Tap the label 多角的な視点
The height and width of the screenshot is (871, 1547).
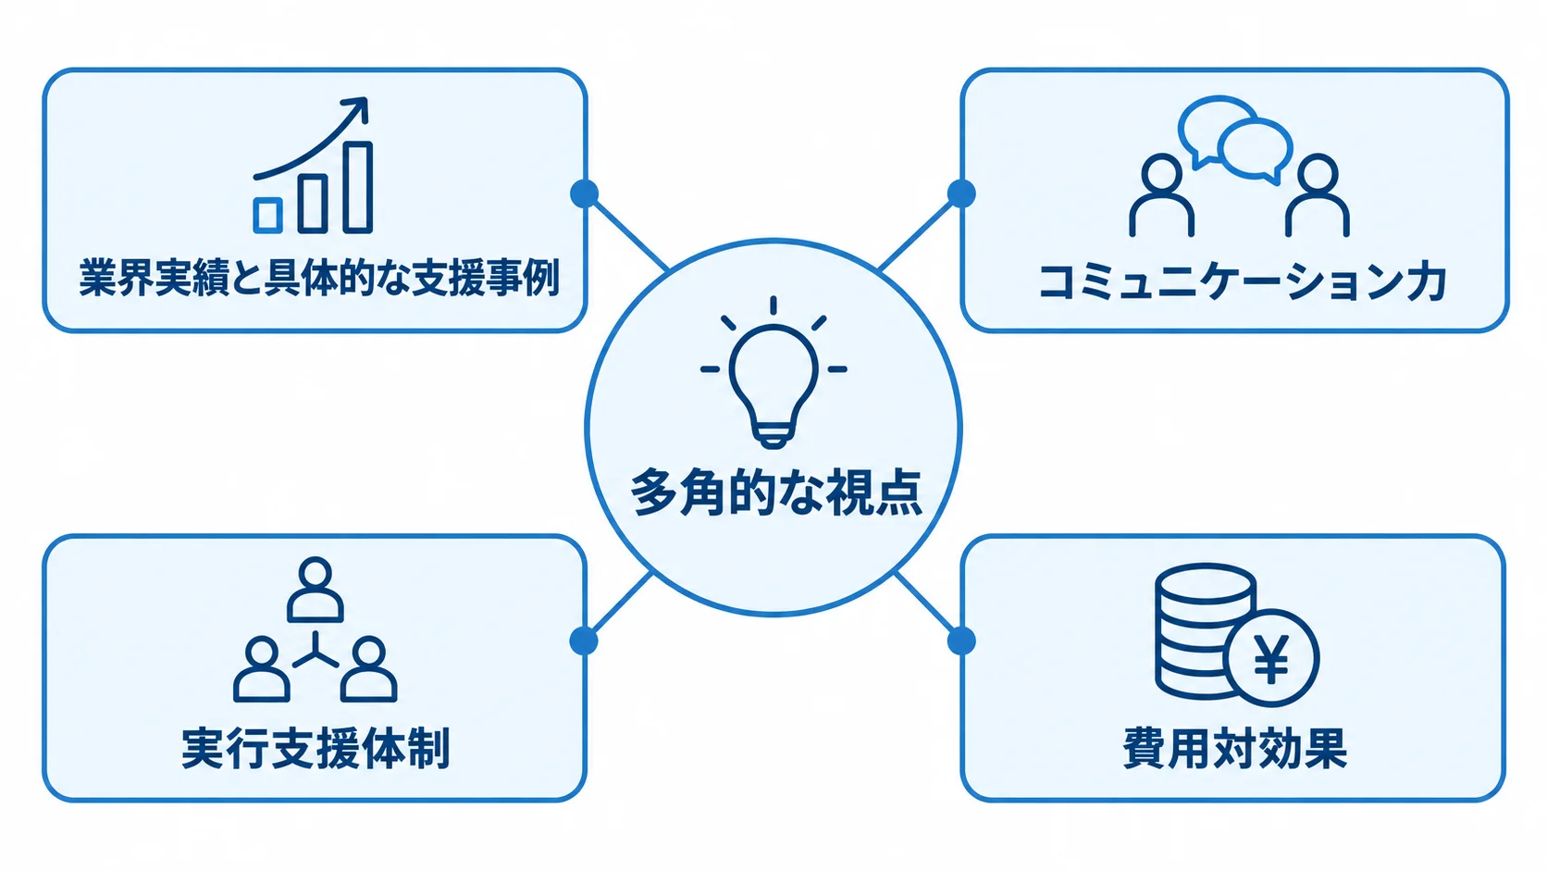point(776,492)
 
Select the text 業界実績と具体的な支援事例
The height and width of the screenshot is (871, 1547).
point(318,278)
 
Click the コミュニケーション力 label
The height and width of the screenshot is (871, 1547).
point(1241,281)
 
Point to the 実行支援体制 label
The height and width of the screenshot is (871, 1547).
point(316,748)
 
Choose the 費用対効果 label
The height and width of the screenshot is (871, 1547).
point(1235,748)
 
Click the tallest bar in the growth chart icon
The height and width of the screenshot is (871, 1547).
point(358,187)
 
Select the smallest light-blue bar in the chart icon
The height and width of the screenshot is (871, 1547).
point(268,216)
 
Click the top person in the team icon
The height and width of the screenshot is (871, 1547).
point(315,590)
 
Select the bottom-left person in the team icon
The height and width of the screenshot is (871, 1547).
point(261,668)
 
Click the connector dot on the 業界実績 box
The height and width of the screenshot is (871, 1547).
point(584,193)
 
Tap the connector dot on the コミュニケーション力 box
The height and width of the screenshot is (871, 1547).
point(961,193)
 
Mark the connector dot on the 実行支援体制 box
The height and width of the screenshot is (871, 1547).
point(584,641)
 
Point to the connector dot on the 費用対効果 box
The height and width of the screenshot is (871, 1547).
point(961,641)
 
